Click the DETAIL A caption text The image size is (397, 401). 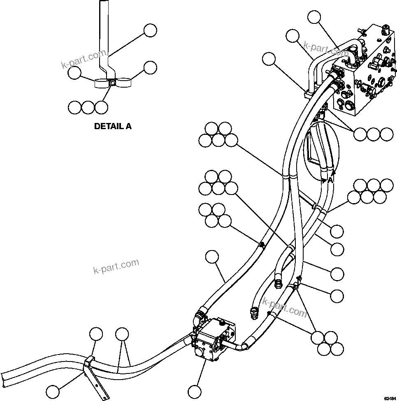113,126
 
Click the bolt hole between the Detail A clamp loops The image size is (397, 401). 112,83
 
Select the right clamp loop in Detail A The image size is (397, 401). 123,83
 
